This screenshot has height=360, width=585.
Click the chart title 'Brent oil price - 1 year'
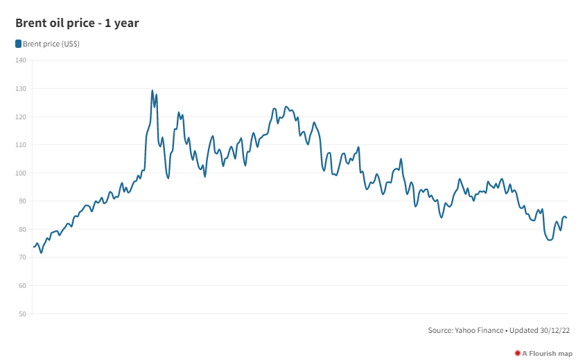pos(78,24)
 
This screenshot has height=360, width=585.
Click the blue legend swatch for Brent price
pos(18,44)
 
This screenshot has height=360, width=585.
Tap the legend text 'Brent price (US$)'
pos(51,44)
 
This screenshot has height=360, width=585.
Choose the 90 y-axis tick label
pos(21,201)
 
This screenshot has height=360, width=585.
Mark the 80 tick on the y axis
pos(21,230)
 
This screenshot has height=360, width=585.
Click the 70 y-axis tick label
pos(21,257)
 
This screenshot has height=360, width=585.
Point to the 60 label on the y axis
pos(21,286)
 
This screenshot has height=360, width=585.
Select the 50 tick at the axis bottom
pos(21,314)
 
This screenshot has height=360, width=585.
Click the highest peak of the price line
pos(152,90)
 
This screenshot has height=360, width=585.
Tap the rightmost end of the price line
pos(567,218)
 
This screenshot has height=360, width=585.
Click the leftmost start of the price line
pos(33,247)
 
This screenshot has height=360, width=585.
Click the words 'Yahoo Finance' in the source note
pos(478,331)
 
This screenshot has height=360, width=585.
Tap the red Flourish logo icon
pos(517,353)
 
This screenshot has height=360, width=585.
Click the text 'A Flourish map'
pos(548,354)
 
